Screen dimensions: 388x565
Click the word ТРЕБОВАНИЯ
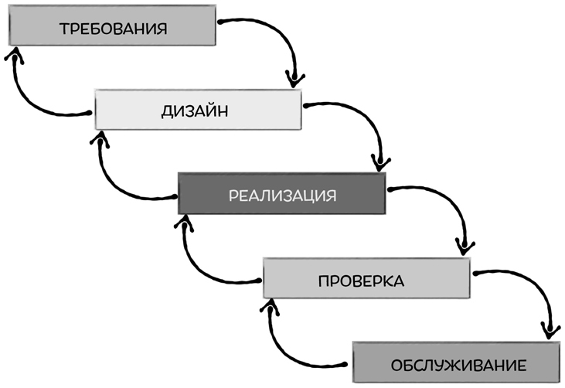point(113,29)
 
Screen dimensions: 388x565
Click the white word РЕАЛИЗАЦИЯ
point(281,194)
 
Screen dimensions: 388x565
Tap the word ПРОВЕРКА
point(361,279)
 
